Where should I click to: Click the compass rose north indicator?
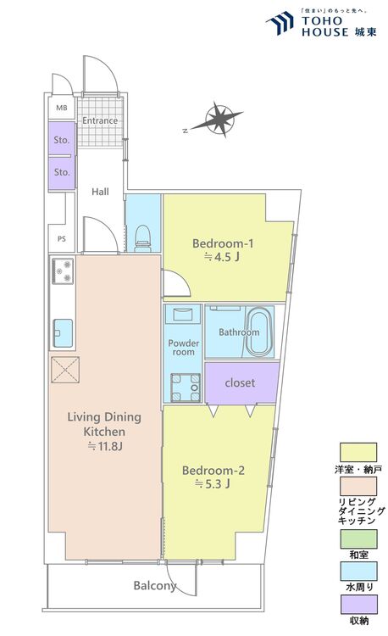185,131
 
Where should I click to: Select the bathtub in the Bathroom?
258,332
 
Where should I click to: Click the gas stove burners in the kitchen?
63,271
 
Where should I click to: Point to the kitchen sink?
64,333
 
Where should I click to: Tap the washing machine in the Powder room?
186,388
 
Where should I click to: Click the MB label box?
62,108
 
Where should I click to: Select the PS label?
62,239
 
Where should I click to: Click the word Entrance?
100,120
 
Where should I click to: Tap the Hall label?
100,192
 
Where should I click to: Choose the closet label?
241,382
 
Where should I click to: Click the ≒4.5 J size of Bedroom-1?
222,257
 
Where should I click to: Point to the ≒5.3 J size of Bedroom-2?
213,483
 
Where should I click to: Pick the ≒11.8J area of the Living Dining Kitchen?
105,447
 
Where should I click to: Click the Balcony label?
155,586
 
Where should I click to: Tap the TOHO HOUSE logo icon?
280,23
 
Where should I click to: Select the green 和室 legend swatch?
358,539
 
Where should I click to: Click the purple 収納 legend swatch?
358,605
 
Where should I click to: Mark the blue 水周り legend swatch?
358,571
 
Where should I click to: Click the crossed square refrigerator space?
65,370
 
